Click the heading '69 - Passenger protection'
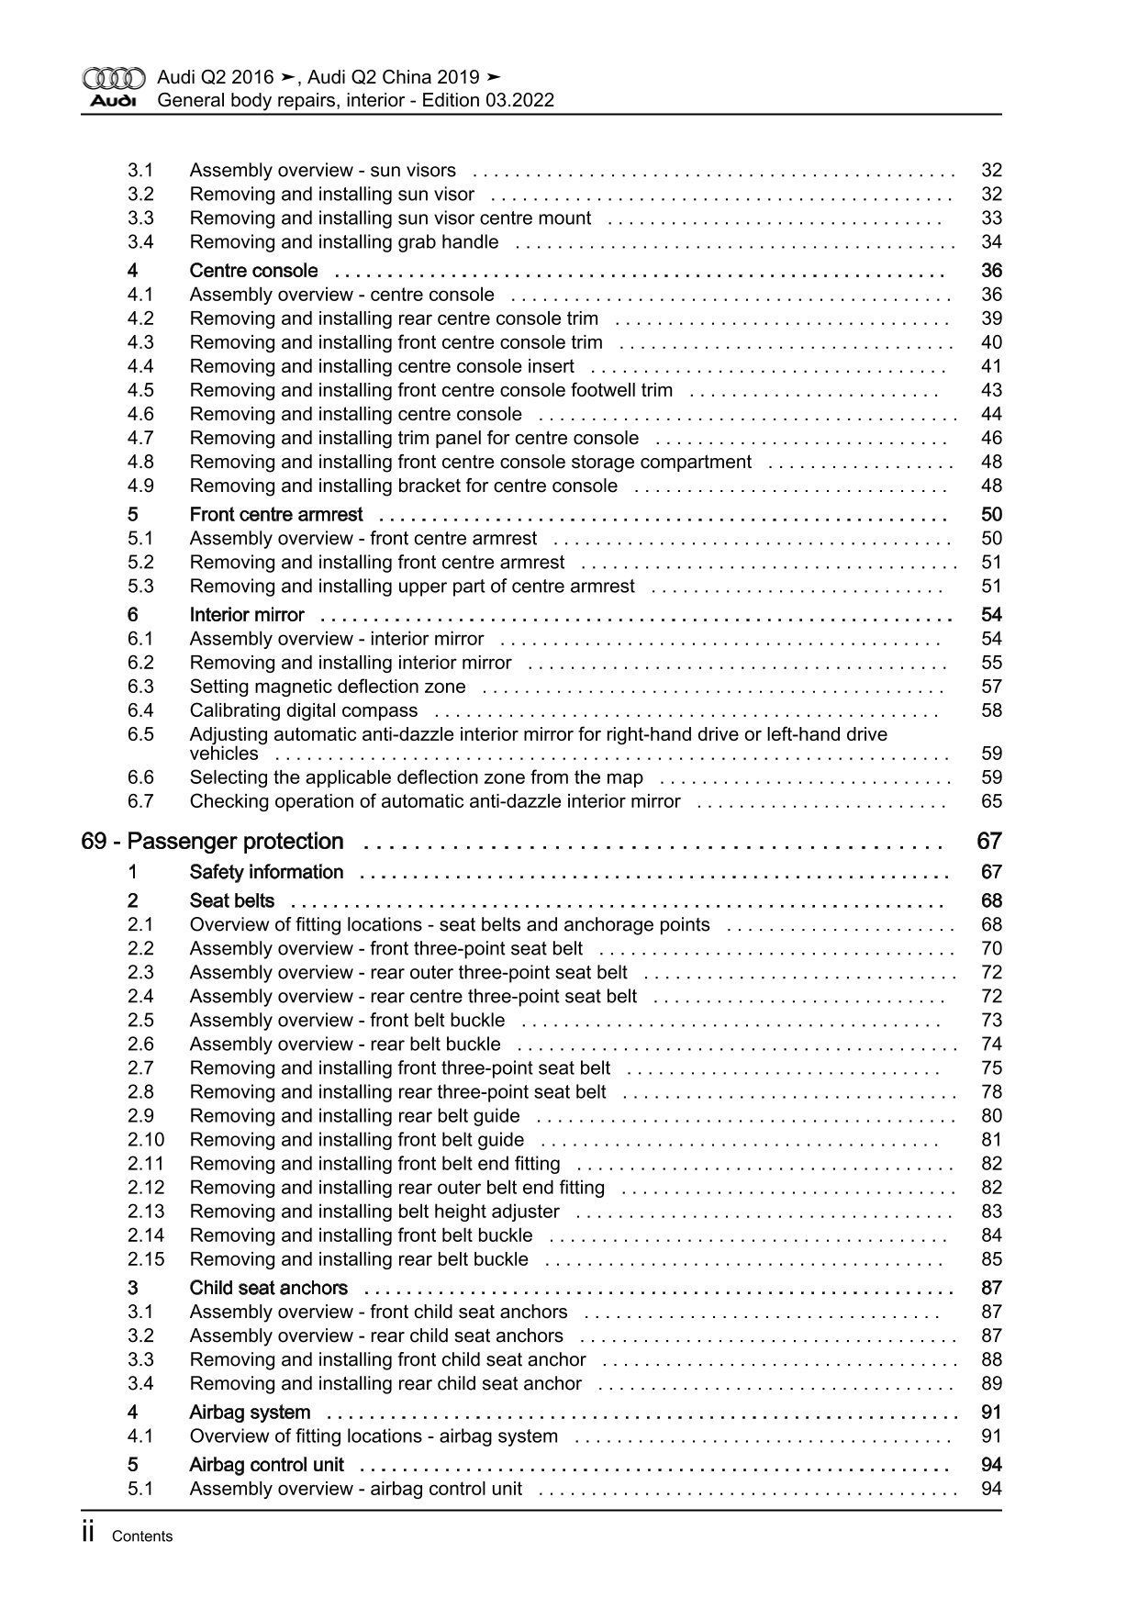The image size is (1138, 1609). (x=212, y=842)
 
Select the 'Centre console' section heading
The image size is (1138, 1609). (x=253, y=271)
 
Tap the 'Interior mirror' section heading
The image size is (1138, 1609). (x=247, y=615)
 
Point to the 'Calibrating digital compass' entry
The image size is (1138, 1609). (x=303, y=710)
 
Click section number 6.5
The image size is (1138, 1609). (x=140, y=734)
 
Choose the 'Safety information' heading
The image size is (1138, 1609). (x=266, y=872)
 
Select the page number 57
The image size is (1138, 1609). (x=991, y=687)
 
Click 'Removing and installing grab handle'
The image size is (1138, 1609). (x=344, y=242)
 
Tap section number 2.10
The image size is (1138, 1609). (x=146, y=1140)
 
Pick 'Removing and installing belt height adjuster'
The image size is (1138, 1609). (x=374, y=1212)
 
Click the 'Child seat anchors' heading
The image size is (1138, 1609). (x=268, y=1288)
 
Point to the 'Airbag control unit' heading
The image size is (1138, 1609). (x=266, y=1465)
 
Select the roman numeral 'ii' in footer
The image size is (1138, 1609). (x=89, y=1534)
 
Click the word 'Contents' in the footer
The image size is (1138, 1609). (x=141, y=1536)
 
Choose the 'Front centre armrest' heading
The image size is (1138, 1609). (x=275, y=515)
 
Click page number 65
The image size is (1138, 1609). (x=991, y=801)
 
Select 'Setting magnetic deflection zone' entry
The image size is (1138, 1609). (x=327, y=687)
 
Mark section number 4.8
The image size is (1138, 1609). (x=140, y=462)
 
